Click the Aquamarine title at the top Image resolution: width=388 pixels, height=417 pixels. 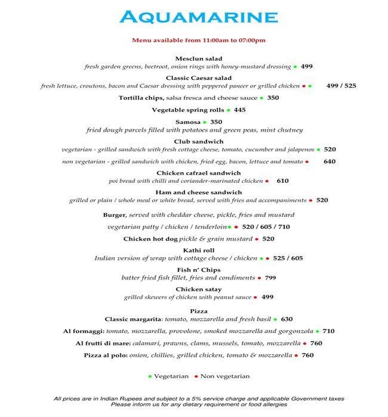(199, 17)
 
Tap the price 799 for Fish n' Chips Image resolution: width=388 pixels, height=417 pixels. (270, 278)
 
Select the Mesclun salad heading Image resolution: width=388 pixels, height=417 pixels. (199, 58)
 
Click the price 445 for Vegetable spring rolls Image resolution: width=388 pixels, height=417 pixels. (240, 110)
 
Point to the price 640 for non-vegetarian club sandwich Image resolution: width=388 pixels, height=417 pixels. (330, 161)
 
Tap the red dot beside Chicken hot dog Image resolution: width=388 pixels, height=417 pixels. (257, 239)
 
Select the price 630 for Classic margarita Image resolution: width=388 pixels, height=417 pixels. (287, 319)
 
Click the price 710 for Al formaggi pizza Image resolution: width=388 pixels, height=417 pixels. (329, 331)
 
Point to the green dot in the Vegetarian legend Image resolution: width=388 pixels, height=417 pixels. (149, 376)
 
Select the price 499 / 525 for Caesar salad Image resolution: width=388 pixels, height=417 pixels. (341, 86)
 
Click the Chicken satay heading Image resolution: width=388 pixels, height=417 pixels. (199, 289)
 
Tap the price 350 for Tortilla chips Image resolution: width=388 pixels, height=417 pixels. (273, 98)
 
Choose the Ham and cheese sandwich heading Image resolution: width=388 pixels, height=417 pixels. (199, 192)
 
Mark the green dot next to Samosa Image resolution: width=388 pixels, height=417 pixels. (204, 122)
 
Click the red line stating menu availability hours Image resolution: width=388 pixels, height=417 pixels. (199, 41)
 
